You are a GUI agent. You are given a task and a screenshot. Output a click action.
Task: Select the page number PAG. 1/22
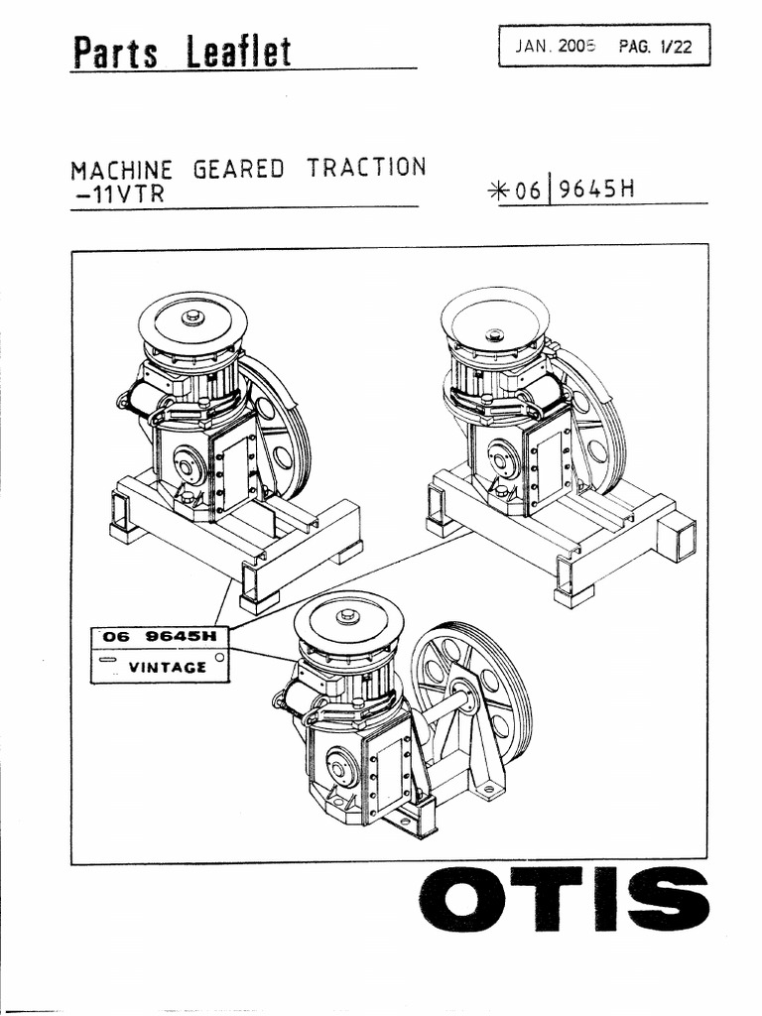654,46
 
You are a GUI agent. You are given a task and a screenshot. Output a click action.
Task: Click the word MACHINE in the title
121,169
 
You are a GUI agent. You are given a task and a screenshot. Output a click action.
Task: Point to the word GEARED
238,169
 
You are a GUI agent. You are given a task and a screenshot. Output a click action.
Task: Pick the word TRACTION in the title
366,167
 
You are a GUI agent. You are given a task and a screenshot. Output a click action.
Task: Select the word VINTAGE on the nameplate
168,667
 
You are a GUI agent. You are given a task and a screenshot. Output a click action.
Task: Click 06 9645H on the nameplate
159,637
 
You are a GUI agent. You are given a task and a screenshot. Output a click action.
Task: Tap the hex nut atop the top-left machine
193,317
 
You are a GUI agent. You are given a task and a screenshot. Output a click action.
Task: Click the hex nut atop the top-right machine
494,334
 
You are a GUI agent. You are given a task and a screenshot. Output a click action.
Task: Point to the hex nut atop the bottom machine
348,615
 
